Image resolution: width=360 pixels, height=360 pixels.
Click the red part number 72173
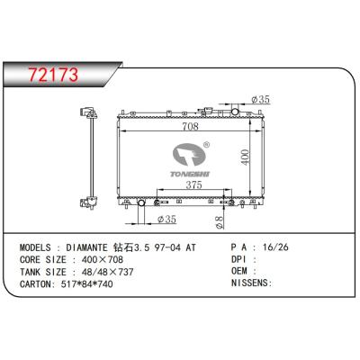(x=53, y=75)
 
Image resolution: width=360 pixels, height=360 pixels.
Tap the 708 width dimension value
(x=191, y=126)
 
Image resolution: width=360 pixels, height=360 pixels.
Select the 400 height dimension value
(x=246, y=157)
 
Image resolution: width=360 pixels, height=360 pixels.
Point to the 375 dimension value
(x=193, y=185)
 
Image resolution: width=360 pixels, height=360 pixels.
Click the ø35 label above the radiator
(x=261, y=99)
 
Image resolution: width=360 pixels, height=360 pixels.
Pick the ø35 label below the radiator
(x=166, y=220)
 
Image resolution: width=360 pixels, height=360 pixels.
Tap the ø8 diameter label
(x=220, y=222)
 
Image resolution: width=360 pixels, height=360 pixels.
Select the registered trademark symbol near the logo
(x=206, y=145)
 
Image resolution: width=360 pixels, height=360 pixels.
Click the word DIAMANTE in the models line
(x=86, y=247)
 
